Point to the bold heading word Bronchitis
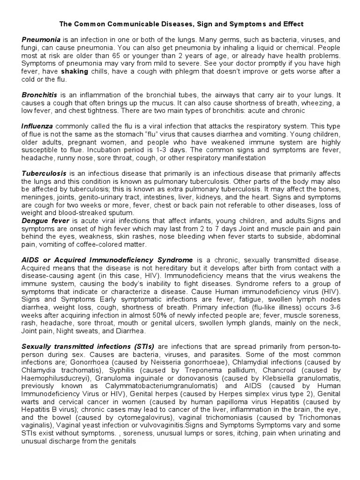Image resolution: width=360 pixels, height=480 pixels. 38,95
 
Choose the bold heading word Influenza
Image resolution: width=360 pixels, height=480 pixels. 37,126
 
